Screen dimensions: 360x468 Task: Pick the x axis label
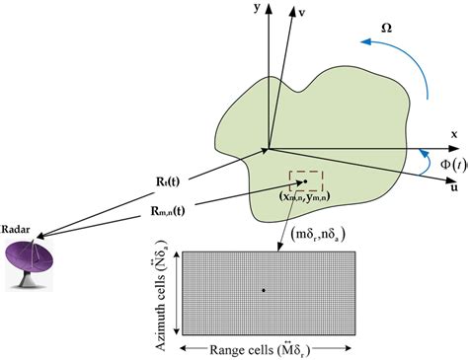pos(453,134)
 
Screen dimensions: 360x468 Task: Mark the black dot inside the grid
pos(263,289)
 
